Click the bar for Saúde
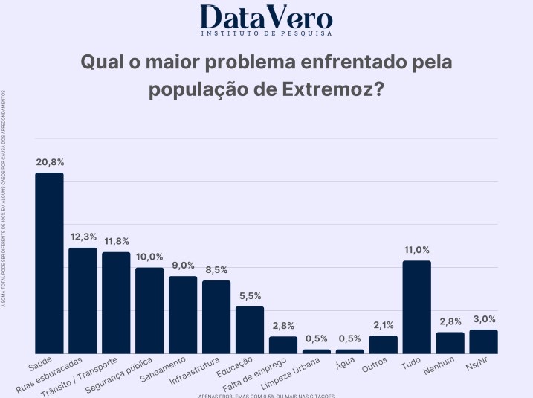50,263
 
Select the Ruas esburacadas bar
83,300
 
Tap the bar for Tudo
416,306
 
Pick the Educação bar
250,330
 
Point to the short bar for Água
350,351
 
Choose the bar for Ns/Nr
483,341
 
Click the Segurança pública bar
149,310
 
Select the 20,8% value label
50,161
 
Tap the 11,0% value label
416,250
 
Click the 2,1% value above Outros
384,325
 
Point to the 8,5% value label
216,270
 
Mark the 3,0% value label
483,319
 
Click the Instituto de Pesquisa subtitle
266,33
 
